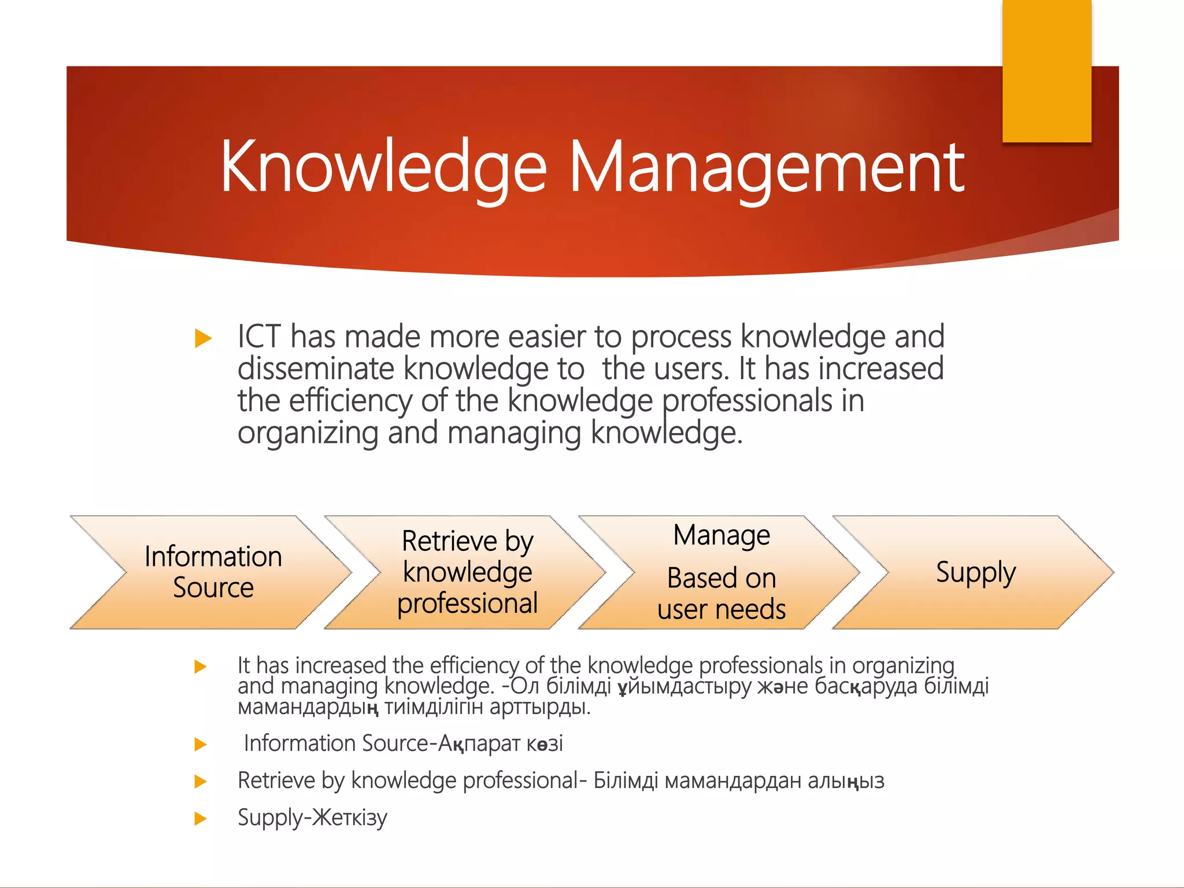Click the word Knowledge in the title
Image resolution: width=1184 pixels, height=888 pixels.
[x=383, y=168]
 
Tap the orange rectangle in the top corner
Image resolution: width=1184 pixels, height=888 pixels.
[x=1046, y=71]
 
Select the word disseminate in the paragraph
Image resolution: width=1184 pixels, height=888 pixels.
[x=316, y=369]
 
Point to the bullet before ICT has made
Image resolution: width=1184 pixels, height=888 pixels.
[x=203, y=338]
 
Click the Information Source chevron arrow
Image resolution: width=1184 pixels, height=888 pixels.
[x=213, y=572]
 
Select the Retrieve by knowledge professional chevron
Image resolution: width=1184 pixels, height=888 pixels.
[x=467, y=572]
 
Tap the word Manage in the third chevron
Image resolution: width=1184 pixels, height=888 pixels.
[x=721, y=535]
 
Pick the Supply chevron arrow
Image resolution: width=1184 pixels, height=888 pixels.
[x=975, y=572]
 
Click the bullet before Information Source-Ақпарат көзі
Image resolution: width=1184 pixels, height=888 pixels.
[x=201, y=744]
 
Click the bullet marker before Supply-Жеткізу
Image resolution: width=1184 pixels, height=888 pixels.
[x=201, y=819]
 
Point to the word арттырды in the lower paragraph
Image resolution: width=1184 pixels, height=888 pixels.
[x=539, y=707]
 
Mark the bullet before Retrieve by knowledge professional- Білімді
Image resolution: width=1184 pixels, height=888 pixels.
[x=201, y=782]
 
